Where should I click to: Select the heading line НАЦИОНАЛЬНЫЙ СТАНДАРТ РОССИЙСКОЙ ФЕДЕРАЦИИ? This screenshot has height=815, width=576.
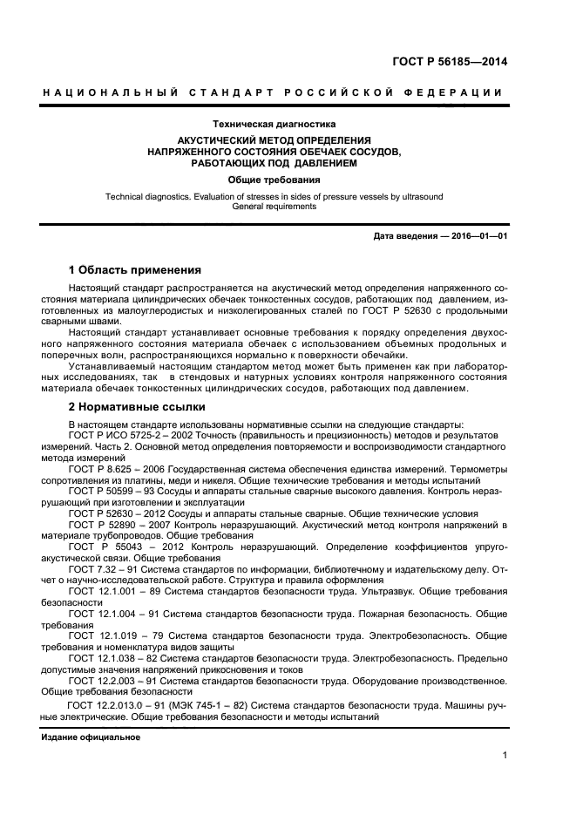(274, 92)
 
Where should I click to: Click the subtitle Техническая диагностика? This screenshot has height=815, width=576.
(274, 125)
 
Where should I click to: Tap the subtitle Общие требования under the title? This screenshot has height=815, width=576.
(274, 180)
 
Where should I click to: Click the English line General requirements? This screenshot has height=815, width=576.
(274, 207)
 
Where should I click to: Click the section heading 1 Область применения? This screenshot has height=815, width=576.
(135, 269)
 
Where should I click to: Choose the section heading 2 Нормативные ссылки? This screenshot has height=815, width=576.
(137, 406)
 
